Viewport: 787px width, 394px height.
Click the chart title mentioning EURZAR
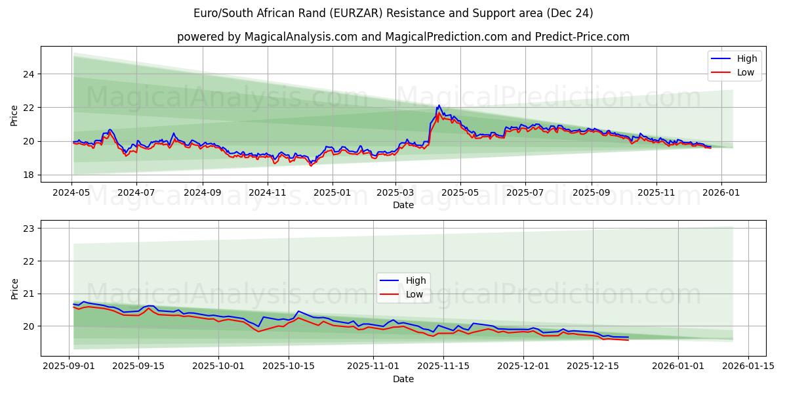(x=393, y=13)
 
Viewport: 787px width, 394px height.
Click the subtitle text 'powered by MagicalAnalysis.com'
(x=403, y=37)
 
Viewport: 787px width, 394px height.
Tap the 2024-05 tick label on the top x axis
(x=71, y=193)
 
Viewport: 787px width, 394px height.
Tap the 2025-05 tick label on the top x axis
(x=460, y=193)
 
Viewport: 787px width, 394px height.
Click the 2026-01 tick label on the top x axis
(x=721, y=193)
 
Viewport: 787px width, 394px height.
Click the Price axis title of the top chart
(x=14, y=115)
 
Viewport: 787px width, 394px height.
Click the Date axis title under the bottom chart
(x=403, y=379)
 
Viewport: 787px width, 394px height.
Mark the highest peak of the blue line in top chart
(x=439, y=105)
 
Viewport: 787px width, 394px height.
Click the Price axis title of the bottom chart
(x=14, y=288)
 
